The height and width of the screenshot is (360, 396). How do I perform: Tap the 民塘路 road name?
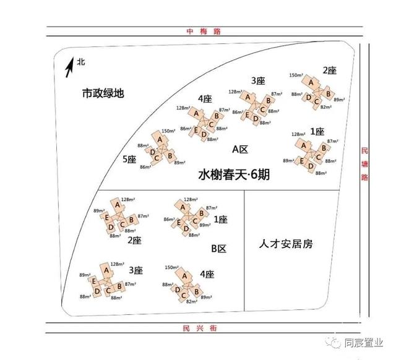click(x=365, y=164)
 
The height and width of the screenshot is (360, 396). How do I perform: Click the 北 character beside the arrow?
click(x=80, y=62)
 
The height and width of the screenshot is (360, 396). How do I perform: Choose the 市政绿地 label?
click(x=103, y=94)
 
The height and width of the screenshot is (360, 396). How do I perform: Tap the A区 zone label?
click(x=240, y=149)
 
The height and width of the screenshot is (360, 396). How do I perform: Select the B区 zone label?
click(x=219, y=249)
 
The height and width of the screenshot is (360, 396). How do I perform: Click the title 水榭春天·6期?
click(x=235, y=175)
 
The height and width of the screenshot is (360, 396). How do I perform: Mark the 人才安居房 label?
click(x=286, y=243)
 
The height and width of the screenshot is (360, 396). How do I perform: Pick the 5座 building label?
click(x=129, y=159)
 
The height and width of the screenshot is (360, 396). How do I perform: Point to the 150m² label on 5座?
click(x=168, y=131)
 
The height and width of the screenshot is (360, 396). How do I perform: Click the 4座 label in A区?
click(x=205, y=99)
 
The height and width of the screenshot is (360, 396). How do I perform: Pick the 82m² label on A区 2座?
click(x=327, y=107)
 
